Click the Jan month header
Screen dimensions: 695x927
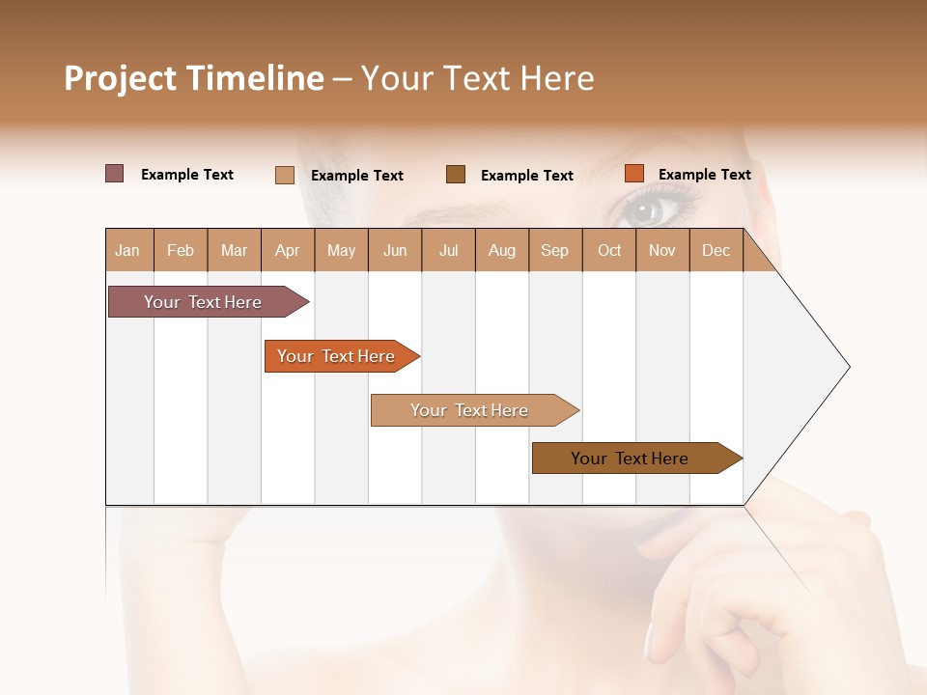coord(128,250)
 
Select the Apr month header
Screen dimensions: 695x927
coord(288,250)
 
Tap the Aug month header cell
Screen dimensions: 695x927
coord(502,250)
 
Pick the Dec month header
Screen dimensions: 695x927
coord(716,250)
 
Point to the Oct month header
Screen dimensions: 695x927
coord(609,250)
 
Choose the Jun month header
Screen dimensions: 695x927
coord(395,250)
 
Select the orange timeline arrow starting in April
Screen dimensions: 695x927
coord(338,356)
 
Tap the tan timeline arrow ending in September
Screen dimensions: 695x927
coord(471,410)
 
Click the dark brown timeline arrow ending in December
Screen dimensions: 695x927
coord(632,459)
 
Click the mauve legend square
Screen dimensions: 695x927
coord(115,174)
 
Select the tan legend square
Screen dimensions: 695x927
coord(285,175)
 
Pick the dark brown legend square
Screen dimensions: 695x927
coord(456,174)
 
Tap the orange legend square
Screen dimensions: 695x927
coord(633,174)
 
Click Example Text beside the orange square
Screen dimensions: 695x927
coord(704,174)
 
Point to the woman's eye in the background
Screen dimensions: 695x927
coord(645,209)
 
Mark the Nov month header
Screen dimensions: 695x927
coord(662,250)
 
